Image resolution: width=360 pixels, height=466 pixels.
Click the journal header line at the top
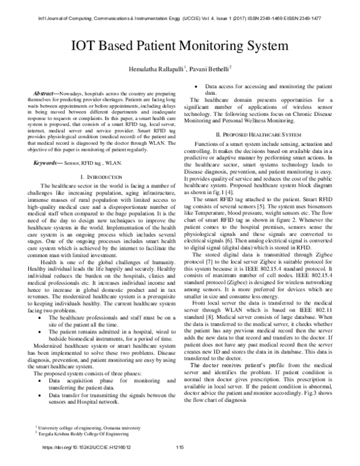[180, 10]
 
